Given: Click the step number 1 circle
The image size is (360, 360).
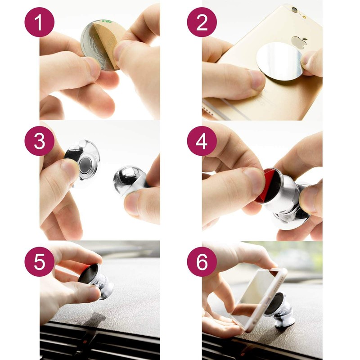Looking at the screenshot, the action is [40, 22].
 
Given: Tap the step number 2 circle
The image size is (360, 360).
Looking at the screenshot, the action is [202, 22].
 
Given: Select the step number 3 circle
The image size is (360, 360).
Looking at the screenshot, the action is [40, 141].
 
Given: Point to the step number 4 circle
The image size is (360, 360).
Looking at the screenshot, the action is [202, 141].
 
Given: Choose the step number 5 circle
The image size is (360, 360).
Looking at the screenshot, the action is [40, 262].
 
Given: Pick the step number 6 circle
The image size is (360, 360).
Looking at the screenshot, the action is [202, 262].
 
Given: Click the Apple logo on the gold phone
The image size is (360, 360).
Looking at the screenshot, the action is [299, 42].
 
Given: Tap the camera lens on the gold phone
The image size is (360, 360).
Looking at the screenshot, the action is [294, 10].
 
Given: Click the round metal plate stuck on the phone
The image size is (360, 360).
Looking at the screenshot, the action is [279, 61].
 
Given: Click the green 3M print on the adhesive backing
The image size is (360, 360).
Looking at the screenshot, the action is [107, 21].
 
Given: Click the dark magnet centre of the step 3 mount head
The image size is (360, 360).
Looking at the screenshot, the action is [85, 164].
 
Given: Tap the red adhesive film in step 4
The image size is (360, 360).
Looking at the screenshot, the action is [271, 186].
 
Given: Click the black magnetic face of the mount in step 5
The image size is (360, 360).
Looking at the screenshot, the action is [88, 273].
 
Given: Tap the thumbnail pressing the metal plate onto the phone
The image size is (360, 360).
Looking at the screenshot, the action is [256, 79].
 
